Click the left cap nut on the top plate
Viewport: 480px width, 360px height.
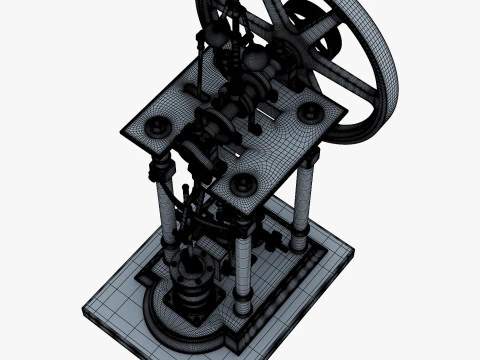coord(156,127)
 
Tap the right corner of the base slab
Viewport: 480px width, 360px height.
coord(350,251)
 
